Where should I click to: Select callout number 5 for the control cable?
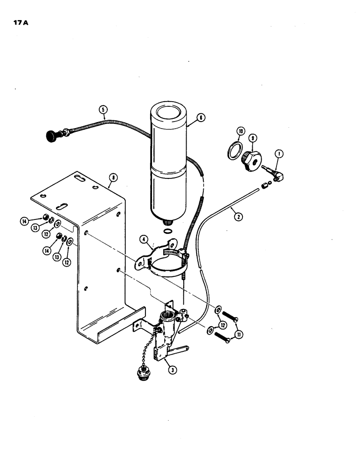[x=103, y=110]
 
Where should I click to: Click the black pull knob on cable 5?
[x=50, y=136]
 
